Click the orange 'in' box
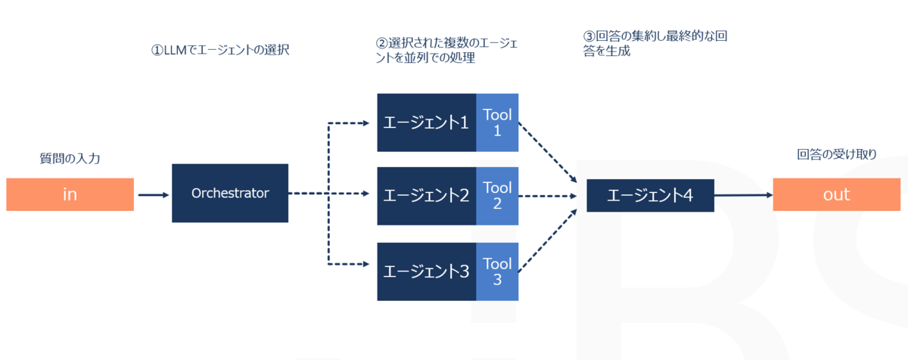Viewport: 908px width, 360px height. coord(70,194)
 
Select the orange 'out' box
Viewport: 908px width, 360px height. coord(837,194)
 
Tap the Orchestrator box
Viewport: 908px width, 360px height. coord(230,193)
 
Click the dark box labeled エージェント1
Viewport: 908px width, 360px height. coord(427,123)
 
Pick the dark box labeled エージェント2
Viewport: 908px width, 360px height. coord(427,196)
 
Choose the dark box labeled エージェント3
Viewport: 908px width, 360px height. coord(427,272)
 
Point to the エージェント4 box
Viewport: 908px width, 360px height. coord(650,196)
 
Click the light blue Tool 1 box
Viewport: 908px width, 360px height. coord(497,123)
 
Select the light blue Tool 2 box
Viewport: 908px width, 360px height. coord(497,196)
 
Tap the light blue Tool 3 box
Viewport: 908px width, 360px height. coord(497,272)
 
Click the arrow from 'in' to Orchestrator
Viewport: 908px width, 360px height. coord(153,195)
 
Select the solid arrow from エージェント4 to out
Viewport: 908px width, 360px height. coord(743,195)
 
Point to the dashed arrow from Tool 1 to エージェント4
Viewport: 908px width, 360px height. coord(548,153)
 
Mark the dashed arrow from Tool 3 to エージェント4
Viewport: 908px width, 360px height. coord(548,241)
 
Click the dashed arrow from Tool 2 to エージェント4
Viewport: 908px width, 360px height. coord(548,196)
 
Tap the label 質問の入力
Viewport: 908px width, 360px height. coord(70,158)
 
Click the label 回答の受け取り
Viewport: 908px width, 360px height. coord(837,154)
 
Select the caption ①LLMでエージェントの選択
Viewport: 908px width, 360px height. coord(220,50)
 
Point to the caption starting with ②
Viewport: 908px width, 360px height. coord(446,50)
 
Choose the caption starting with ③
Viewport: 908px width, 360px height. coord(655,43)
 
